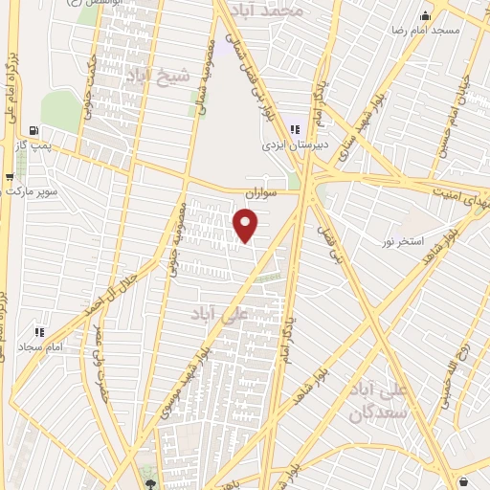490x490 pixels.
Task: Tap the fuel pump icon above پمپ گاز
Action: (x=35, y=131)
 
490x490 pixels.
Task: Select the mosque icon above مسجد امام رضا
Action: (x=425, y=15)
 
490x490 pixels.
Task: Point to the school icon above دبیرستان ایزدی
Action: (x=296, y=129)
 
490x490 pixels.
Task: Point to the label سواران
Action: (x=259, y=192)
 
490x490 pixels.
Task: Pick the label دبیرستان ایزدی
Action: (x=296, y=146)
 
